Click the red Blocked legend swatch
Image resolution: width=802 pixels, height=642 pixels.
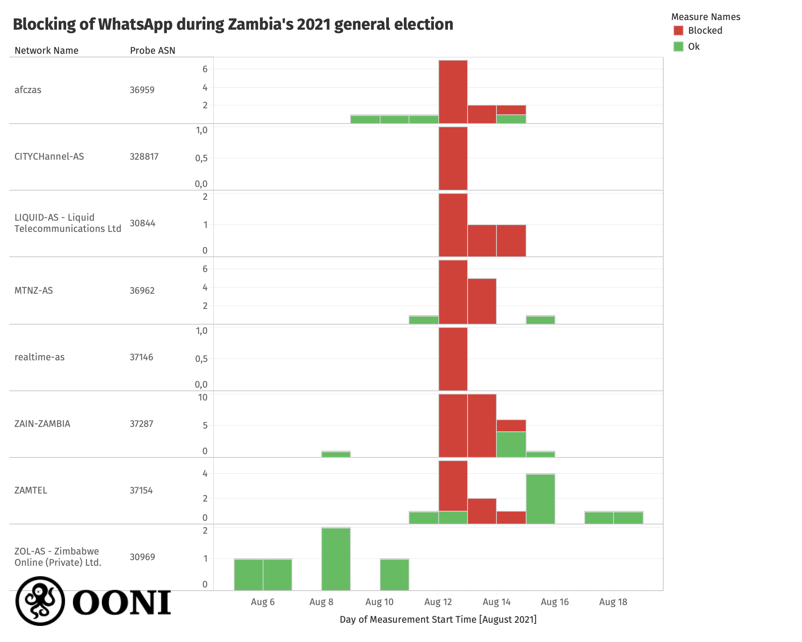click(678, 30)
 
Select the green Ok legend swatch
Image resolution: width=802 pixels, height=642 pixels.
click(678, 47)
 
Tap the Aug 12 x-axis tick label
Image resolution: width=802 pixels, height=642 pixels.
click(438, 602)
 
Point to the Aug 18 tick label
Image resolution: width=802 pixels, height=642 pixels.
click(613, 602)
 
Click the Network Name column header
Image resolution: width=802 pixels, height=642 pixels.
click(47, 51)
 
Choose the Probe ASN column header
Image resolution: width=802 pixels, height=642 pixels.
click(152, 51)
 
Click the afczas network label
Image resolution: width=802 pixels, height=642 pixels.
click(28, 90)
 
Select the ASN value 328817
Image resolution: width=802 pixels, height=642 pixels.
click(144, 156)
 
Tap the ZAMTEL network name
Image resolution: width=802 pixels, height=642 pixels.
click(31, 490)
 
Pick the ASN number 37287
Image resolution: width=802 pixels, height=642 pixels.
click(142, 424)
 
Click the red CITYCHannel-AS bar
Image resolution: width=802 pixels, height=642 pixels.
click(453, 158)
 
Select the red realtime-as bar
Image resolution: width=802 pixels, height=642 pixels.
click(453, 359)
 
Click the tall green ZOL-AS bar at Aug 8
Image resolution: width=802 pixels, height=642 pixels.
click(336, 559)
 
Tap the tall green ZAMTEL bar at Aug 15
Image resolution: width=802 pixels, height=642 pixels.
click(541, 499)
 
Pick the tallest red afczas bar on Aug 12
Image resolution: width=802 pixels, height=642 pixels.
click(453, 91)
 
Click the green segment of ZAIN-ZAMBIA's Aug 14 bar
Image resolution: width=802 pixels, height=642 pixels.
click(511, 444)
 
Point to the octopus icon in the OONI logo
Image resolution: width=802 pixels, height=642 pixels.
click(40, 601)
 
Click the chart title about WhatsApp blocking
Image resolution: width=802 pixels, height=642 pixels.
click(233, 24)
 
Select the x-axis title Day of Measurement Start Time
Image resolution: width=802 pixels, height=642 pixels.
click(438, 620)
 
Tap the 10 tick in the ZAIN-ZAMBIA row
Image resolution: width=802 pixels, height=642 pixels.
click(203, 397)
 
